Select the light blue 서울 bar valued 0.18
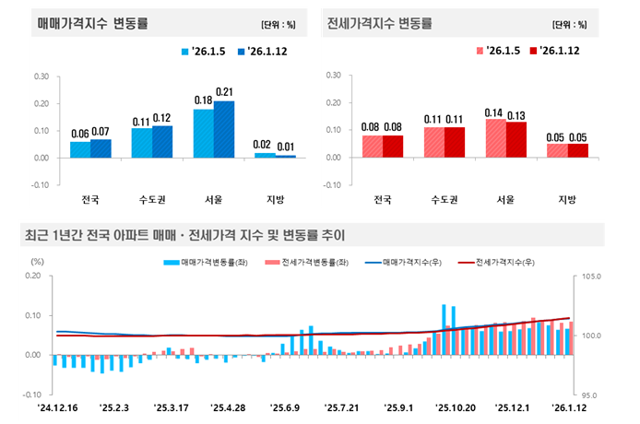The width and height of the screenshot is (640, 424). tap(204, 133)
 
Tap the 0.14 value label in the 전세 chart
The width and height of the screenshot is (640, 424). tap(495, 112)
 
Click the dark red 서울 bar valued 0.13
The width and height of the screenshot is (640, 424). tap(516, 139)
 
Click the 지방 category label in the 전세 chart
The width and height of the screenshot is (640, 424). tap(566, 199)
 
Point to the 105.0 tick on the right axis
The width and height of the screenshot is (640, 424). tap(592, 277)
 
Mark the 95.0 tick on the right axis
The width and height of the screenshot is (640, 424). tap(592, 394)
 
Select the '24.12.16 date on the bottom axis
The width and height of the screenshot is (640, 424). tap(56, 406)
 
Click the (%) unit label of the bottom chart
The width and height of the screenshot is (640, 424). tap(37, 261)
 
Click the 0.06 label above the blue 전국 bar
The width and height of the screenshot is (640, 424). tap(80, 134)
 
